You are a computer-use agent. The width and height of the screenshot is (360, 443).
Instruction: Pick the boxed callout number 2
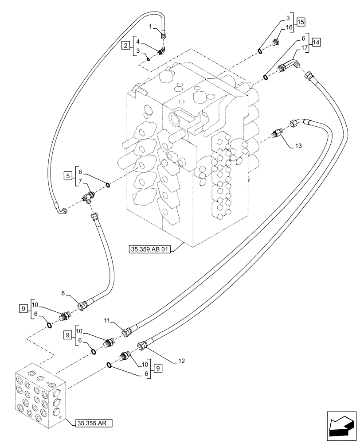pyautogui.click(x=126, y=45)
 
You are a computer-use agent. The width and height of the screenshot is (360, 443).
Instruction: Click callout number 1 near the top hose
pyautogui.click(x=150, y=27)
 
